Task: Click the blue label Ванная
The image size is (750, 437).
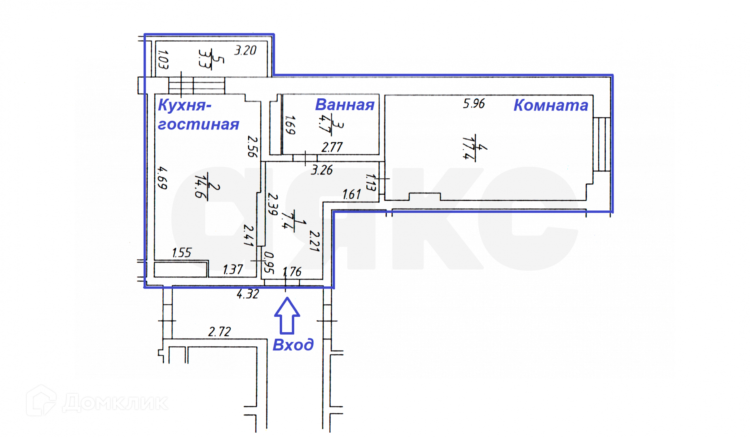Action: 345,105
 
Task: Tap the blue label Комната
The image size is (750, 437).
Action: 550,105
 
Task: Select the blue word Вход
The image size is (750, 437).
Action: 293,345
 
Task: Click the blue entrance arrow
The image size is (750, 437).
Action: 287,316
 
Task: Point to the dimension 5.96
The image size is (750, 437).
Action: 474,104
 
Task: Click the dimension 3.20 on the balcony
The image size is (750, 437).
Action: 245,51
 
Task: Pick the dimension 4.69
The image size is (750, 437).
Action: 162,178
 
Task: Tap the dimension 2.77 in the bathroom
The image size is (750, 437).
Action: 332,147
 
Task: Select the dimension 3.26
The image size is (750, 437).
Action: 322,170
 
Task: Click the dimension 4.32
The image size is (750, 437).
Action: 248,294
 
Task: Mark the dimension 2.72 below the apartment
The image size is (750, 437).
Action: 219,332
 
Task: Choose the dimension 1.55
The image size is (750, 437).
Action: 181,253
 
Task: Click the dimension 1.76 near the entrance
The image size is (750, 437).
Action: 292,272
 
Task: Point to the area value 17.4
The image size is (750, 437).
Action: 468,148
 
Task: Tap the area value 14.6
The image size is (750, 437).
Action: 201,186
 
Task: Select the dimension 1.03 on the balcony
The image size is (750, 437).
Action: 163,59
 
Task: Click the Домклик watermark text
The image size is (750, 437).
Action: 115,403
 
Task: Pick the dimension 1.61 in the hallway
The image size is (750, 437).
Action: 351,195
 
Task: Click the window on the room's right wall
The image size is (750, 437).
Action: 601,144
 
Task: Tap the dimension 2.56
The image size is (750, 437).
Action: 252,146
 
